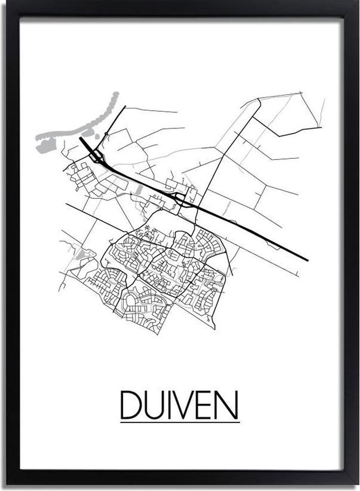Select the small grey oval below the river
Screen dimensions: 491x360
point(97,136)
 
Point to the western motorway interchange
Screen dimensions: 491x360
point(97,156)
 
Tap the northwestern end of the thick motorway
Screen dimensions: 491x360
point(81,138)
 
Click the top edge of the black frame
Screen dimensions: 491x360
point(180,8)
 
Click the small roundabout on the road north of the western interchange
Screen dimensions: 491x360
point(106,134)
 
